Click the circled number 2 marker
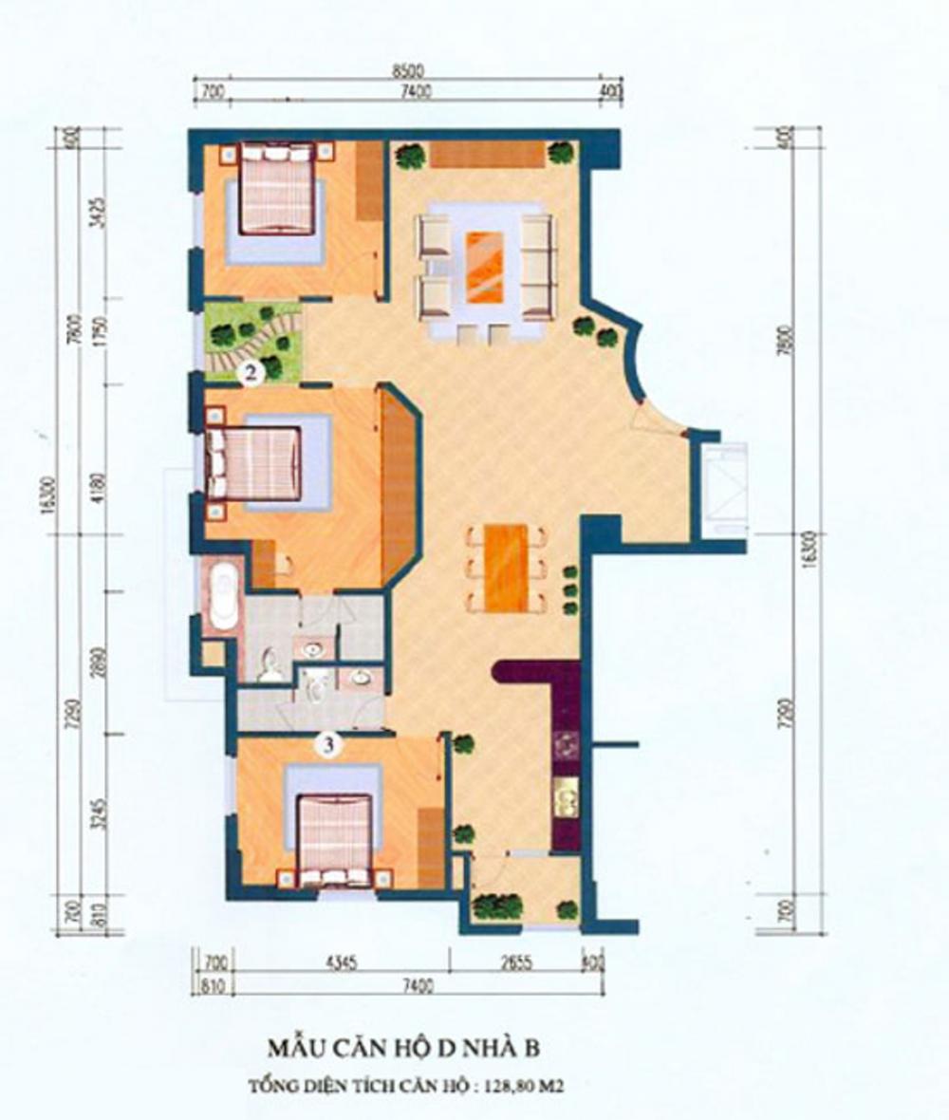click(251, 374)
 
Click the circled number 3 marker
click(328, 746)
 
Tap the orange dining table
click(506, 568)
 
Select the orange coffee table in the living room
click(485, 267)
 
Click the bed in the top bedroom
click(276, 187)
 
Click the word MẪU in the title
click(298, 1049)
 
